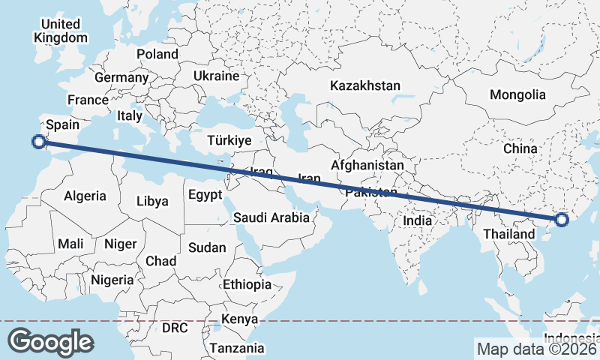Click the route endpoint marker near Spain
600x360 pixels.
coord(38,141)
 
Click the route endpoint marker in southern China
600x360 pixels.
coord(562,220)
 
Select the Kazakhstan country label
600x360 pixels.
coord(365,85)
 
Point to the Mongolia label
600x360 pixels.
coord(517,94)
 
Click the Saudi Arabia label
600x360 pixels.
coord(271,218)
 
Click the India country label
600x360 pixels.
coord(418,220)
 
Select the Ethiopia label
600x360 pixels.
coord(247,284)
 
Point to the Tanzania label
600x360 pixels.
coord(237,348)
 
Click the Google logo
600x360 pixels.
coord(50,341)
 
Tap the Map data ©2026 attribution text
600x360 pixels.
coord(537,349)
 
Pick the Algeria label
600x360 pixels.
coord(85,196)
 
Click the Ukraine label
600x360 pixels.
coord(216,76)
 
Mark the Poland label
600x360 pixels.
coord(157,54)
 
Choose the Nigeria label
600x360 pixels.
coord(112,280)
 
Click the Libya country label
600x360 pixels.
coord(152,200)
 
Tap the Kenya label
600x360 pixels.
coord(239,319)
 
